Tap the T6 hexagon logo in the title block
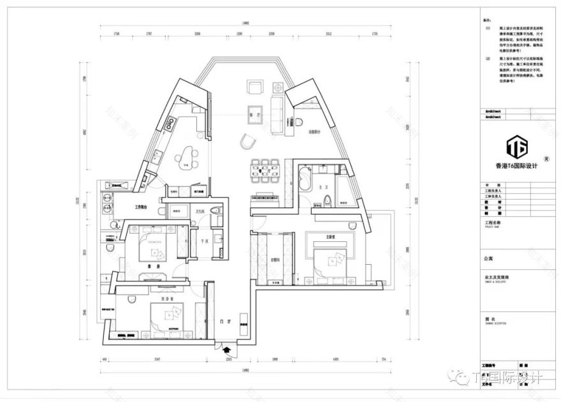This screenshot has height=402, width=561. tap(516, 147)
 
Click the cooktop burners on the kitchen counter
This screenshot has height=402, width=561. tap(171, 121)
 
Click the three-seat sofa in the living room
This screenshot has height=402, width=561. tap(279, 110)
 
